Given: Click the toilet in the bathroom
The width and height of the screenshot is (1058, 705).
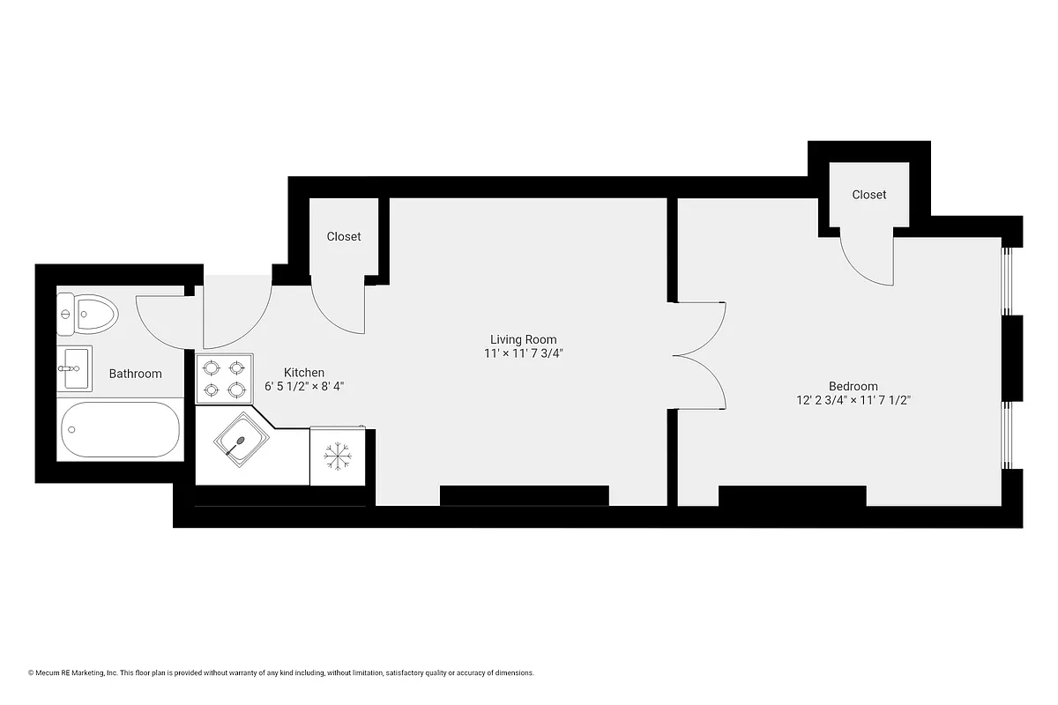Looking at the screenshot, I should (x=88, y=314).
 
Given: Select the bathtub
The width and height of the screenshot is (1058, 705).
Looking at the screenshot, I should (x=120, y=430).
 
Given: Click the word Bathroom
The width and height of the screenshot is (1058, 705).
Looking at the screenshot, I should (x=135, y=374).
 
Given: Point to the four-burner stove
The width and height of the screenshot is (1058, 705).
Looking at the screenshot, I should (x=224, y=379).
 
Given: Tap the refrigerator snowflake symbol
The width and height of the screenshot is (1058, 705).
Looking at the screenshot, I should (x=337, y=456).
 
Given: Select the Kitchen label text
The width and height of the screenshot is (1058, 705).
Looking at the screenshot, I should (x=303, y=372).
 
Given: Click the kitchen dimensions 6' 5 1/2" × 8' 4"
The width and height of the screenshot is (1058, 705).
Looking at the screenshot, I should (x=303, y=386).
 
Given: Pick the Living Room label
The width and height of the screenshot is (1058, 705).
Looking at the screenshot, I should (x=523, y=339).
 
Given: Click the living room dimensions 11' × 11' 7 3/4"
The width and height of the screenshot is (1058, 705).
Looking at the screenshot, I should (x=523, y=353).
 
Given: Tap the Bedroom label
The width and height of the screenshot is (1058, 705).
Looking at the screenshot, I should (x=853, y=386).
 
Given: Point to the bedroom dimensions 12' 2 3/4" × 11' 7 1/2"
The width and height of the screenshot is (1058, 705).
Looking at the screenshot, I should (x=853, y=400).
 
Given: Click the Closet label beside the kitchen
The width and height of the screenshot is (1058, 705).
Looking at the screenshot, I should (x=344, y=236).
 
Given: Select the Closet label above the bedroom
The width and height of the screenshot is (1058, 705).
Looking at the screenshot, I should (x=868, y=194).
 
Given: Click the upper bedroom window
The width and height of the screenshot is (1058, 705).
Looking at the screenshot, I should (x=1005, y=280).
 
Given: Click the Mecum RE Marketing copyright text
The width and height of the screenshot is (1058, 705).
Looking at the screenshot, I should (x=281, y=672).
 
